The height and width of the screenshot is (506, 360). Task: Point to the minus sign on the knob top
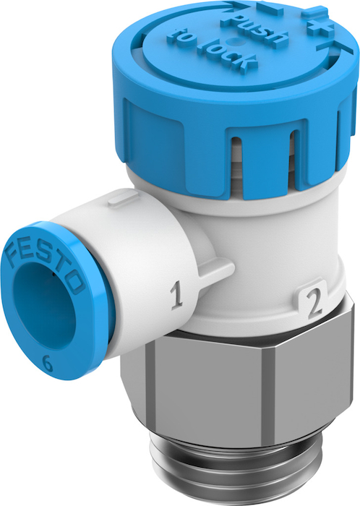[270, 9]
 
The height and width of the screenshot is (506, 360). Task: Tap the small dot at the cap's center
[234, 41]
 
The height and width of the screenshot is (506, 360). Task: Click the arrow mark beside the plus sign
[338, 48]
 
